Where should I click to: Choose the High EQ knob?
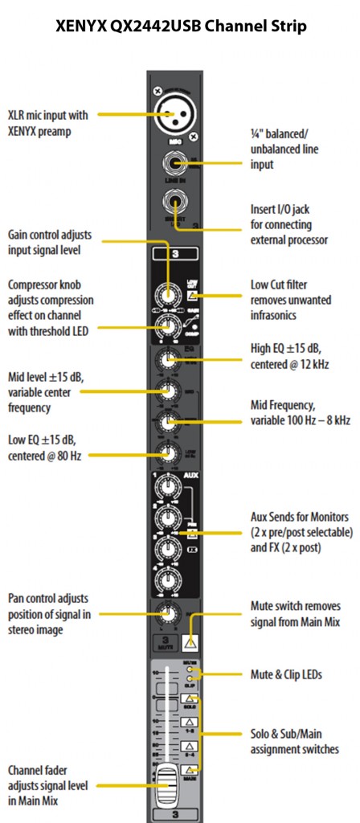point(168,359)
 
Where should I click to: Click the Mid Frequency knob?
point(168,422)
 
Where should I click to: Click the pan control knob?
point(168,614)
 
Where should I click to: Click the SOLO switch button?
point(191,699)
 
